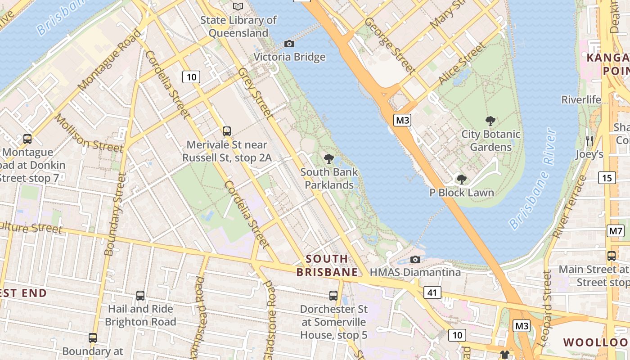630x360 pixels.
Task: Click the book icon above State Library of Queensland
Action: (x=238, y=7)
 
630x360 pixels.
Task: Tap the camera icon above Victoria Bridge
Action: (x=289, y=44)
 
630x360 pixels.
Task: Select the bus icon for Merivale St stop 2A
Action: (x=227, y=131)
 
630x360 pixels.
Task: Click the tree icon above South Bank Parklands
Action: (x=329, y=158)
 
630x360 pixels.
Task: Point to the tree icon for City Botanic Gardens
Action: (x=490, y=121)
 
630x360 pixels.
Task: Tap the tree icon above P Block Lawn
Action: (x=461, y=179)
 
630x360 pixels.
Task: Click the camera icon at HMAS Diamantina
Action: (x=415, y=259)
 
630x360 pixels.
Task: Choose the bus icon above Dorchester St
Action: (x=333, y=296)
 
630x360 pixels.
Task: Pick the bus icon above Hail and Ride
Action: (x=140, y=296)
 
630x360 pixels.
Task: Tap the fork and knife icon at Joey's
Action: (x=589, y=141)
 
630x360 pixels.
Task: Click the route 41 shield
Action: (x=432, y=292)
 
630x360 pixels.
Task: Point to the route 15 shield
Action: (x=607, y=178)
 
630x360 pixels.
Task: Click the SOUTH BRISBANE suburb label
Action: (x=327, y=265)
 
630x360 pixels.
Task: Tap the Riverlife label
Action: (x=581, y=99)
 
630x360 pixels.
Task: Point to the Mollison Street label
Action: (x=89, y=133)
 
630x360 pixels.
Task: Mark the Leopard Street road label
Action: (x=546, y=308)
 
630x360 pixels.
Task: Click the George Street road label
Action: (x=390, y=45)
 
